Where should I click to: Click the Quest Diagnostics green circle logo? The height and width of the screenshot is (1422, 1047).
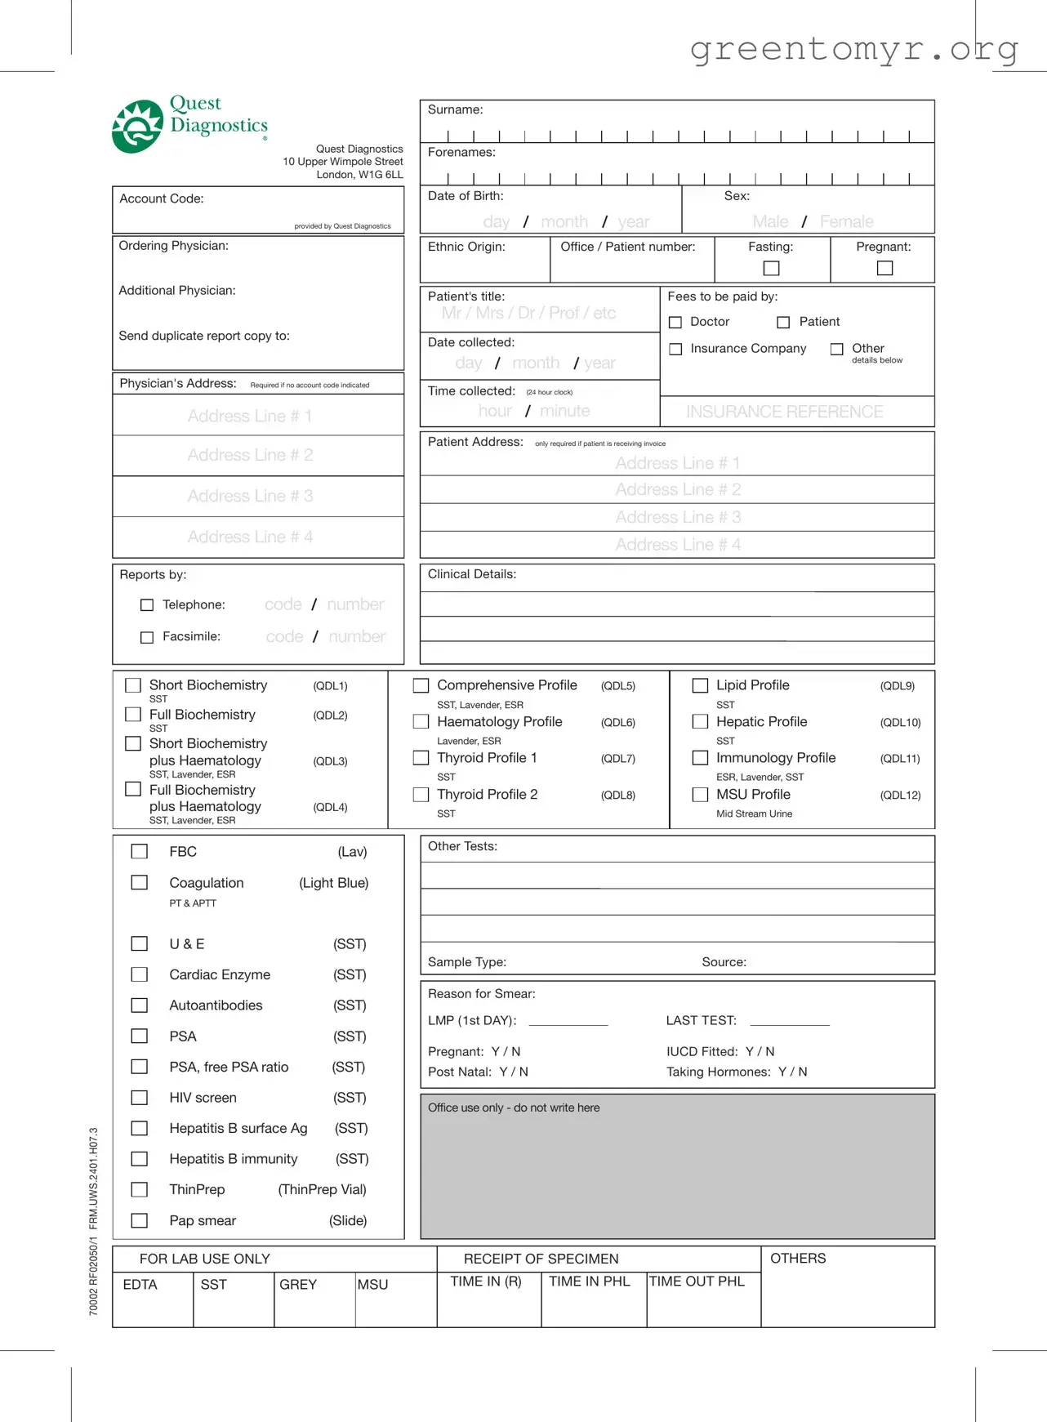pos(137,127)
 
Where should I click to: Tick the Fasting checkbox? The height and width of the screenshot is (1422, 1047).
pos(771,268)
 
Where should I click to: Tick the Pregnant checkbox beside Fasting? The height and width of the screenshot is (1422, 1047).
pos(884,268)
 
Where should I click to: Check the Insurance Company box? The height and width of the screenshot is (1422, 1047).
pos(675,349)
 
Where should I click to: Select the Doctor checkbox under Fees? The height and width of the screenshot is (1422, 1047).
pos(675,323)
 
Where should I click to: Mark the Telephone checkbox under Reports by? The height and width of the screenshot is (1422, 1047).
pos(147,605)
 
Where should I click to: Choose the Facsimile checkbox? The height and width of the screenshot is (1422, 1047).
pos(147,637)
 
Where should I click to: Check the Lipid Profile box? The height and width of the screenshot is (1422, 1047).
pos(700,685)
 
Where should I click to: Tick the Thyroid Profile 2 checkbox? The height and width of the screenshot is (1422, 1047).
pos(421,794)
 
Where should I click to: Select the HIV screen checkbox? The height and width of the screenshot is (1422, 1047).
pos(140,1098)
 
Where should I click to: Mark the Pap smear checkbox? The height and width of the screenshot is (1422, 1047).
pos(140,1220)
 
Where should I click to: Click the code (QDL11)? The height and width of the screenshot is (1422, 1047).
pos(899,759)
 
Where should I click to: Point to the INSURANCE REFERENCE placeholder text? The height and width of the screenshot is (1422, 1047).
pos(784,412)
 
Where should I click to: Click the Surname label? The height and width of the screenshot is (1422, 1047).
pos(455,109)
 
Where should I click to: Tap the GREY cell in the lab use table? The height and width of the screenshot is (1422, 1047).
pos(298,1285)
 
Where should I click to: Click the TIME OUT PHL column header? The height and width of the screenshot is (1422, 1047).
pos(697,1282)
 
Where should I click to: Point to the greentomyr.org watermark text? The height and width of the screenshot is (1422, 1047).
pos(854,49)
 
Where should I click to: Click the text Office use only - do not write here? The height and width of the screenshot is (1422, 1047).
pos(514,1108)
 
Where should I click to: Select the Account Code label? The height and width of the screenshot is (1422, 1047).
pos(162,198)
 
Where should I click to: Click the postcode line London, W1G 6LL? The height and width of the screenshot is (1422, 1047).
pos(359,175)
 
